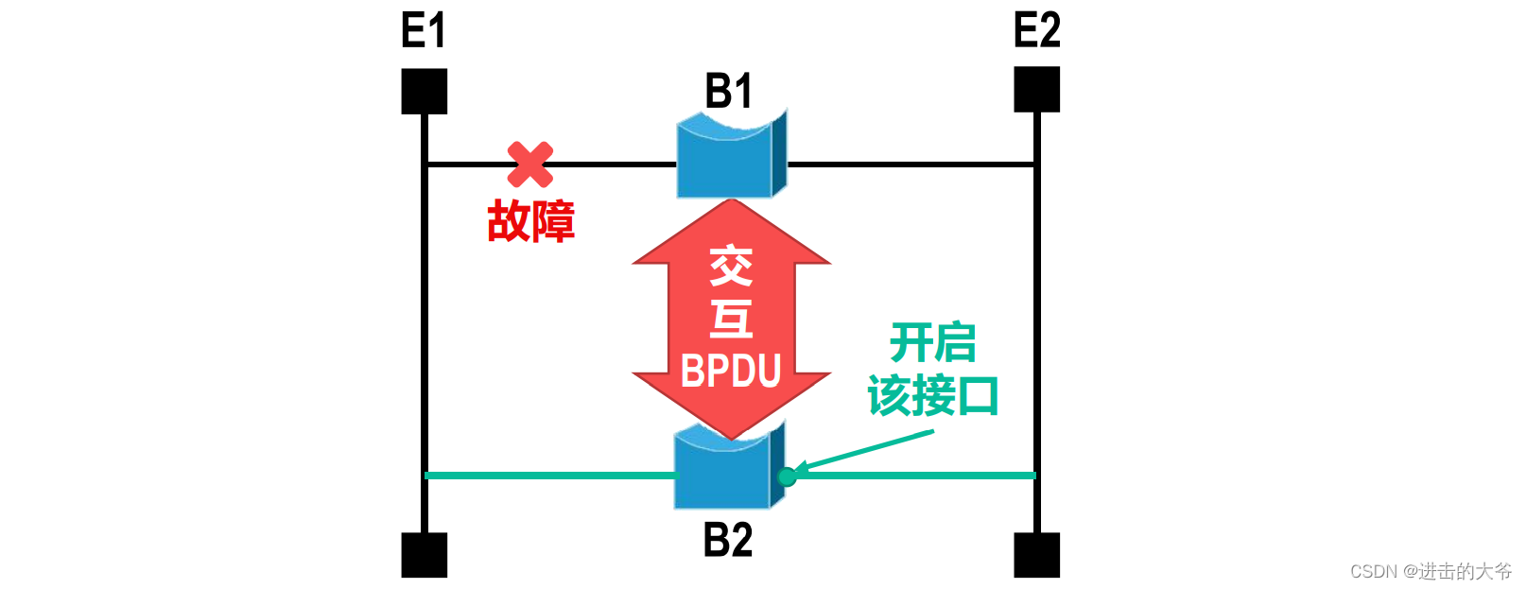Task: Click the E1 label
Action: pyautogui.click(x=423, y=30)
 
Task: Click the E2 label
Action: pyautogui.click(x=1036, y=30)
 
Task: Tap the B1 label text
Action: pyautogui.click(x=728, y=92)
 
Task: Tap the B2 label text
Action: pyautogui.click(x=728, y=540)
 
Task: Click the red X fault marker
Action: pyautogui.click(x=530, y=165)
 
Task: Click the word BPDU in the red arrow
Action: pyautogui.click(x=731, y=372)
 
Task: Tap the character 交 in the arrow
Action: pyautogui.click(x=731, y=267)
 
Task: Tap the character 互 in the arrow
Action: pyautogui.click(x=731, y=319)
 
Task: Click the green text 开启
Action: pyautogui.click(x=932, y=342)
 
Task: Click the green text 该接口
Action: pyautogui.click(x=932, y=396)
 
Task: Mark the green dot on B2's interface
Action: pyautogui.click(x=787, y=476)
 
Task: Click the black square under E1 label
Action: pyautogui.click(x=424, y=91)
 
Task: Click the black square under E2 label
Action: pyautogui.click(x=1036, y=90)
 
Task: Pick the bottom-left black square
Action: pyautogui.click(x=424, y=555)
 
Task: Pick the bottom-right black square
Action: pyautogui.click(x=1036, y=555)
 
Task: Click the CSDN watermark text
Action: pyautogui.click(x=1430, y=571)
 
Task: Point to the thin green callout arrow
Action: pyautogui.click(x=865, y=451)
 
